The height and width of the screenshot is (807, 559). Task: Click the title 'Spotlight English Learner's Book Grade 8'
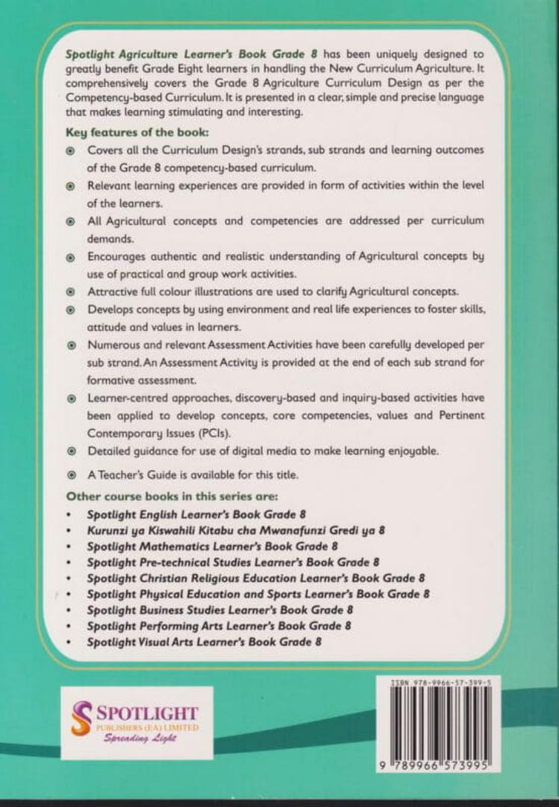(197, 514)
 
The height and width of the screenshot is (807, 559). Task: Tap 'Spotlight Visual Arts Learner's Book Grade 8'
(205, 642)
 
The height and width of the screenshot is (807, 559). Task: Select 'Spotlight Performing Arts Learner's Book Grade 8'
(218, 625)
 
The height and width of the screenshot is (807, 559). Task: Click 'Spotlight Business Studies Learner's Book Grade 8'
(220, 610)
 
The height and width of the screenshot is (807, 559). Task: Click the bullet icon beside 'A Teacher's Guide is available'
(71, 474)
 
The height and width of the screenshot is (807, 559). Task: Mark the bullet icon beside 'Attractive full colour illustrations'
(71, 291)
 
